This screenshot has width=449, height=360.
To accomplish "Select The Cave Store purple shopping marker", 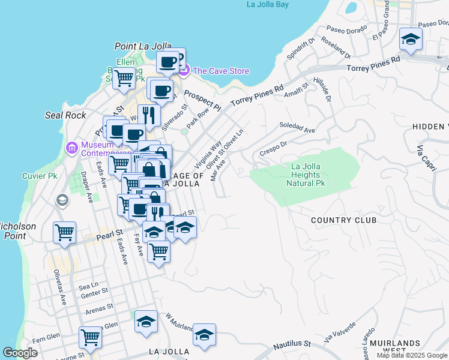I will pyautogui.click(x=184, y=71).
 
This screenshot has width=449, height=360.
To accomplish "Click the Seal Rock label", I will pyautogui.click(x=65, y=115).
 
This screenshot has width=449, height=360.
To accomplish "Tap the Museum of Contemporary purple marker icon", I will pyautogui.click(x=72, y=148).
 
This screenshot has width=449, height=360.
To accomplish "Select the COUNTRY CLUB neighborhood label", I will pyautogui.click(x=343, y=220).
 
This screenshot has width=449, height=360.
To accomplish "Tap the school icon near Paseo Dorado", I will pyautogui.click(x=411, y=40).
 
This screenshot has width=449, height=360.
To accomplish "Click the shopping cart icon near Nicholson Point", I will pyautogui.click(x=65, y=232).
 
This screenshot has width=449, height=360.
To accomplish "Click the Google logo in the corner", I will pyautogui.click(x=20, y=353).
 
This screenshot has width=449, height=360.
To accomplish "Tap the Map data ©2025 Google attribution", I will pyautogui.click(x=412, y=355).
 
